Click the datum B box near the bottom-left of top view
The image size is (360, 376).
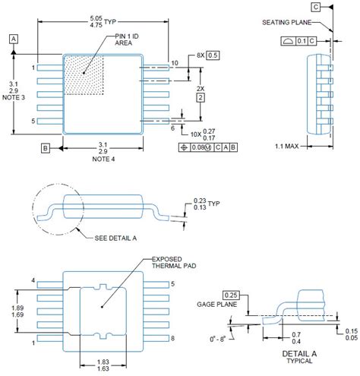point(45,147)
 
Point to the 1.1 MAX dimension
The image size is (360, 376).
point(290,146)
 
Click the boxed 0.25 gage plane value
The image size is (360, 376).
point(233,294)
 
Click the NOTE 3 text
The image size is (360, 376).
point(14,97)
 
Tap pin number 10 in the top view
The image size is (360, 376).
point(174,62)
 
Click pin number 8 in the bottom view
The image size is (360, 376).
point(172,337)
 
